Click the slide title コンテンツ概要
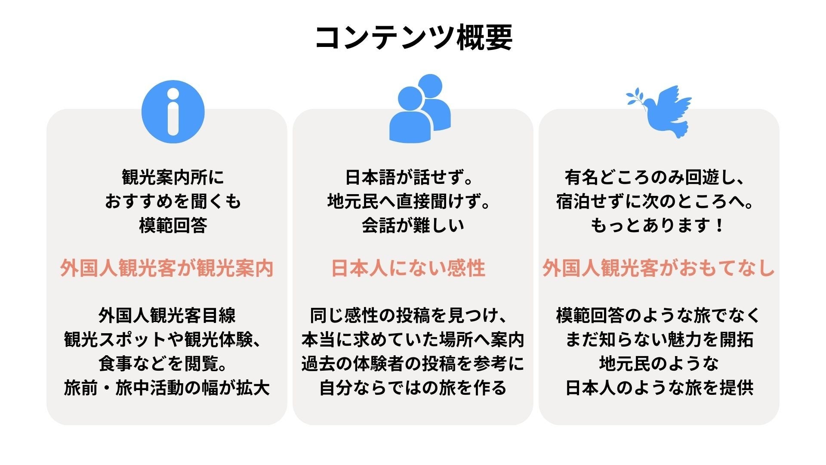tap(413, 38)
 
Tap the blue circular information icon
tap(173, 112)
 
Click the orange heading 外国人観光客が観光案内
tap(166, 268)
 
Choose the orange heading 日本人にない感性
tap(408, 268)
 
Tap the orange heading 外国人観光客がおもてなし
tap(658, 268)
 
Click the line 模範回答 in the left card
tap(173, 225)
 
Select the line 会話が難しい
tap(413, 225)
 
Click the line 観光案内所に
tap(173, 177)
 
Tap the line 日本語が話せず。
tap(409, 177)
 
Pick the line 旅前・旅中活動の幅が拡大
tap(166, 387)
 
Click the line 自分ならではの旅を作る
tap(413, 387)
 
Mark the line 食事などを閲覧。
tap(163, 364)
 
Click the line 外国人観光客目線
tap(166, 316)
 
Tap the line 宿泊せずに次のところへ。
tap(655, 201)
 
